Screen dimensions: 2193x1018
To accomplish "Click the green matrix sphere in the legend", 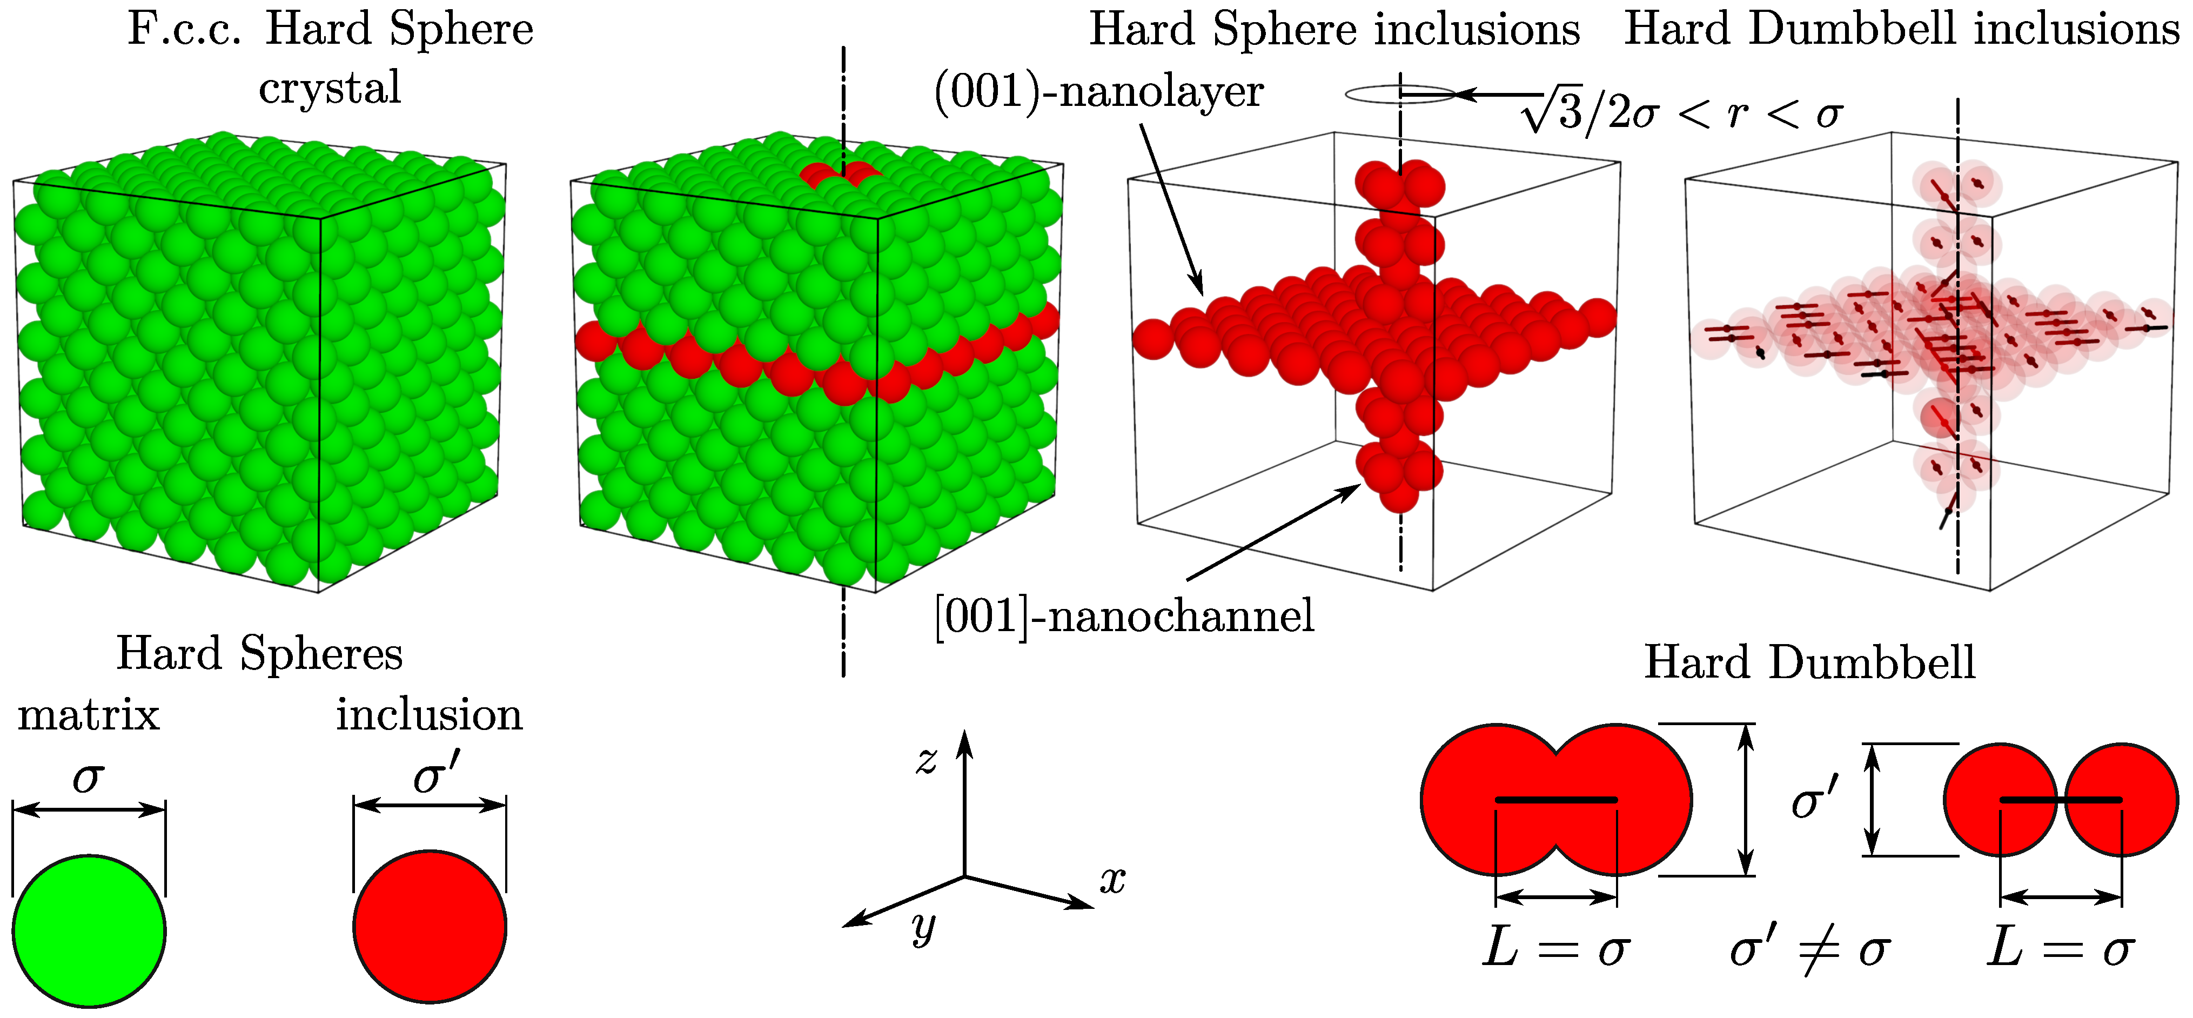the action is point(89,930).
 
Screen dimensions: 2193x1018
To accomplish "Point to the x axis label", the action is point(1112,880).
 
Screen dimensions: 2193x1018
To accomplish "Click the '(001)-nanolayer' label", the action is point(1098,92).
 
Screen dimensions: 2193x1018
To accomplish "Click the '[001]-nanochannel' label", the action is point(1124,616).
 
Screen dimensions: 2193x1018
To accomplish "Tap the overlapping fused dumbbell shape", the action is point(1555,800).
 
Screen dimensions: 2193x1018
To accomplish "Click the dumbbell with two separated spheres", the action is point(2060,800).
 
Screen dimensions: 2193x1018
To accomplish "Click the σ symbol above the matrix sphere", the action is point(89,776).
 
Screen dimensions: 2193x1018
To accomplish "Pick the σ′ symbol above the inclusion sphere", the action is point(436,774).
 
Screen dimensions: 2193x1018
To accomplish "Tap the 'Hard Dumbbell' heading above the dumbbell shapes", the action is point(1809,662).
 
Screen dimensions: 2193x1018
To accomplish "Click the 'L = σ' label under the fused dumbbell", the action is point(1555,949).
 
